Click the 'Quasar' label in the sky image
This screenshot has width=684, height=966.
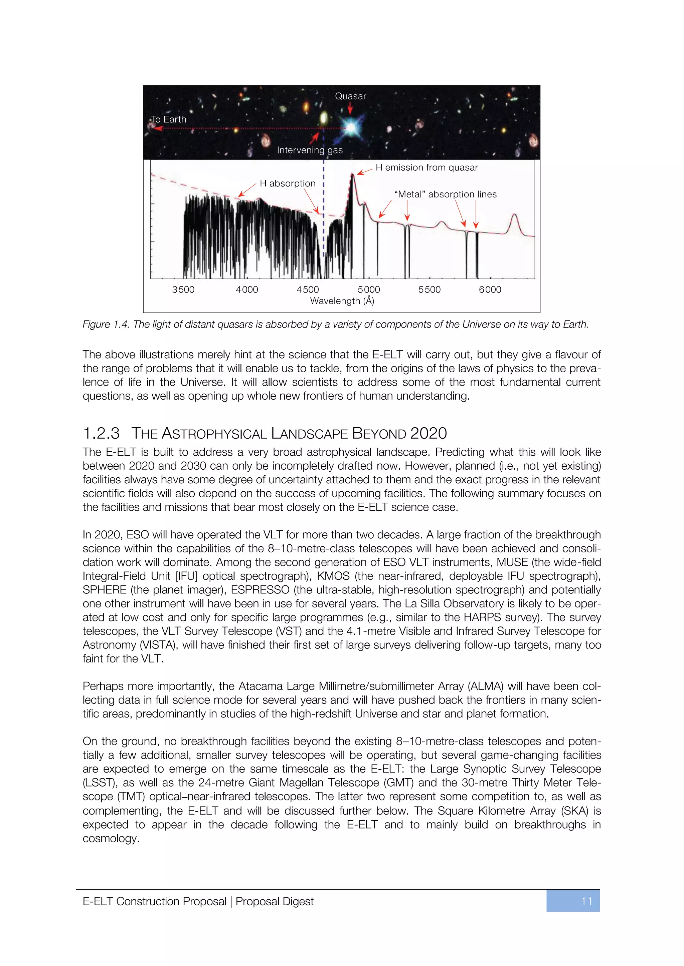coord(350,96)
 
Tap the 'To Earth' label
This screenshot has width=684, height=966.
coord(168,119)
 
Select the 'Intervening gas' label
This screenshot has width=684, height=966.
coord(310,150)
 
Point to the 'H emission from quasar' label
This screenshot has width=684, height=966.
coord(426,167)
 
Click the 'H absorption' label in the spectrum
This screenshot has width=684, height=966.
coord(287,183)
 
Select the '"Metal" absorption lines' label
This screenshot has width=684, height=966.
coord(445,194)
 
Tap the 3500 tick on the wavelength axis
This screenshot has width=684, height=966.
coord(183,290)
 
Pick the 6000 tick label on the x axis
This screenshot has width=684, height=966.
coord(490,290)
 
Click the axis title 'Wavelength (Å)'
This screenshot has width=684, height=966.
coord(342,301)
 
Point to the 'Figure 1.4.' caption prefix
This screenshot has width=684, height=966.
coord(106,324)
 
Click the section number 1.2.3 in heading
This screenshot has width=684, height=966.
coord(101,433)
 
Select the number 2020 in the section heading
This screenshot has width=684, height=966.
coord(429,433)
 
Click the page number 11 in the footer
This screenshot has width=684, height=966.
coord(586,901)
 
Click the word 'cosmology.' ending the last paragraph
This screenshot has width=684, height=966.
coord(111,838)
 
